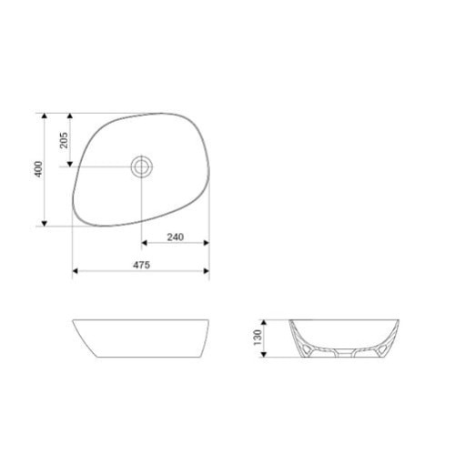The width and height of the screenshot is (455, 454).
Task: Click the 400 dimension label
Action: (x=39, y=169)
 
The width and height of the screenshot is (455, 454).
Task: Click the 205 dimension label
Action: (x=64, y=140)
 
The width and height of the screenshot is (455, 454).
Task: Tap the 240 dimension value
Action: (x=176, y=237)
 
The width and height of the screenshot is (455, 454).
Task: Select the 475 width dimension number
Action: (x=141, y=265)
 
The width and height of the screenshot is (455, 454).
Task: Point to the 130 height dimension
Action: (x=258, y=338)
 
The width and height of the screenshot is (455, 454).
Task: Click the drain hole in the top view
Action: (x=141, y=166)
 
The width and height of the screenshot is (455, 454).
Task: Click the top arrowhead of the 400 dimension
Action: (x=45, y=116)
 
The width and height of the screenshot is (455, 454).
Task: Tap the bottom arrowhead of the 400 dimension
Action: (x=45, y=224)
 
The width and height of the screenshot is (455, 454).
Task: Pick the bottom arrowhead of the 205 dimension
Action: (x=70, y=164)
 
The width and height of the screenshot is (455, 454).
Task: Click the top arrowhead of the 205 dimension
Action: (x=70, y=116)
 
